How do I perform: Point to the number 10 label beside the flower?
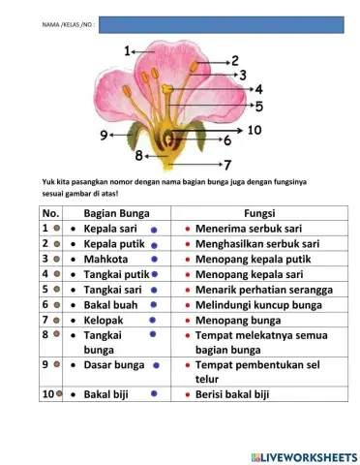[x=255, y=129]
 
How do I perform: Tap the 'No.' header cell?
[x=51, y=213]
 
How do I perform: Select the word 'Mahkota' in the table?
[x=106, y=260]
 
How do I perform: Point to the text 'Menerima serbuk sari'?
[x=251, y=230]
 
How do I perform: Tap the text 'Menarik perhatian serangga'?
[x=263, y=289]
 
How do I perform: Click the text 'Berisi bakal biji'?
[x=239, y=394]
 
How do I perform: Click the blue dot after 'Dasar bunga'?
[x=157, y=366]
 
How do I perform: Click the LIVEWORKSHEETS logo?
[x=302, y=455]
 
